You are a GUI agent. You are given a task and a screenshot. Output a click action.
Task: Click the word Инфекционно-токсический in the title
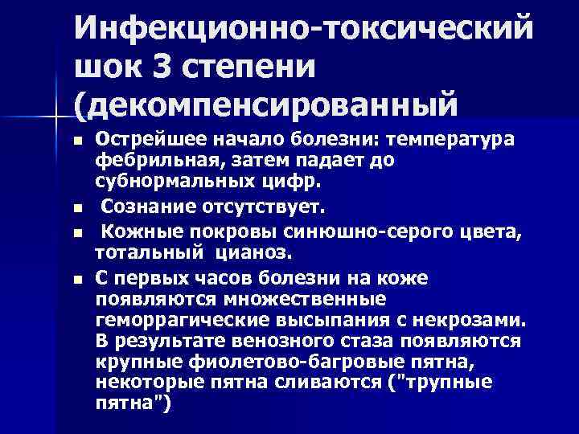[304, 31]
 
